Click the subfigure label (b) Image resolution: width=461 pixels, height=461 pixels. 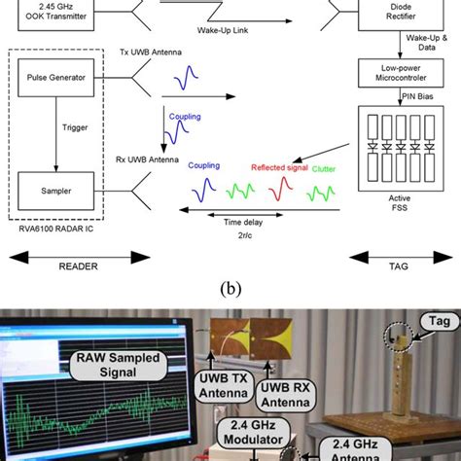(230, 289)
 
